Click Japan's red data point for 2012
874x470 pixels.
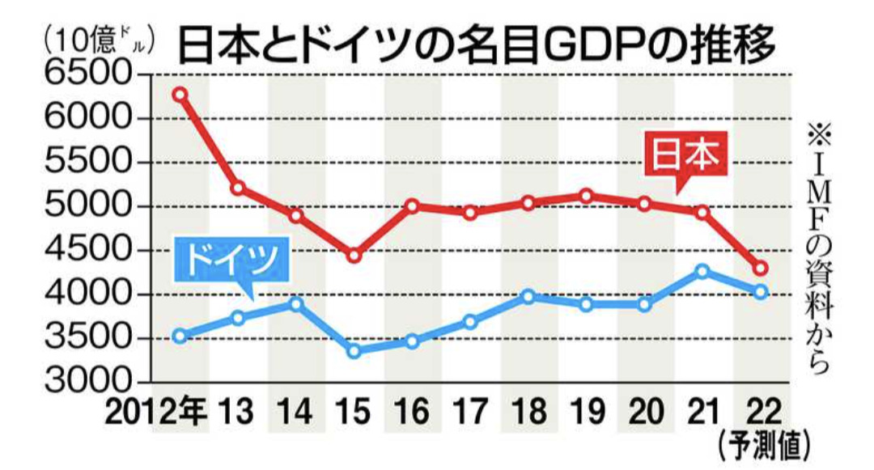tap(180, 95)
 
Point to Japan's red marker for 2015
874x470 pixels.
tap(353, 256)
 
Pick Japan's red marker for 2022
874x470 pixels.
tap(761, 269)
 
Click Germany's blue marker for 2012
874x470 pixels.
tap(180, 336)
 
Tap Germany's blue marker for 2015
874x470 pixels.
tap(353, 351)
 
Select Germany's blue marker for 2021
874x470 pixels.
tap(702, 271)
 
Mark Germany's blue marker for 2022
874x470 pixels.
tap(761, 292)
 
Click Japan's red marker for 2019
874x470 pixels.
tap(587, 196)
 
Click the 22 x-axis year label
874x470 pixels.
tap(762, 413)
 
